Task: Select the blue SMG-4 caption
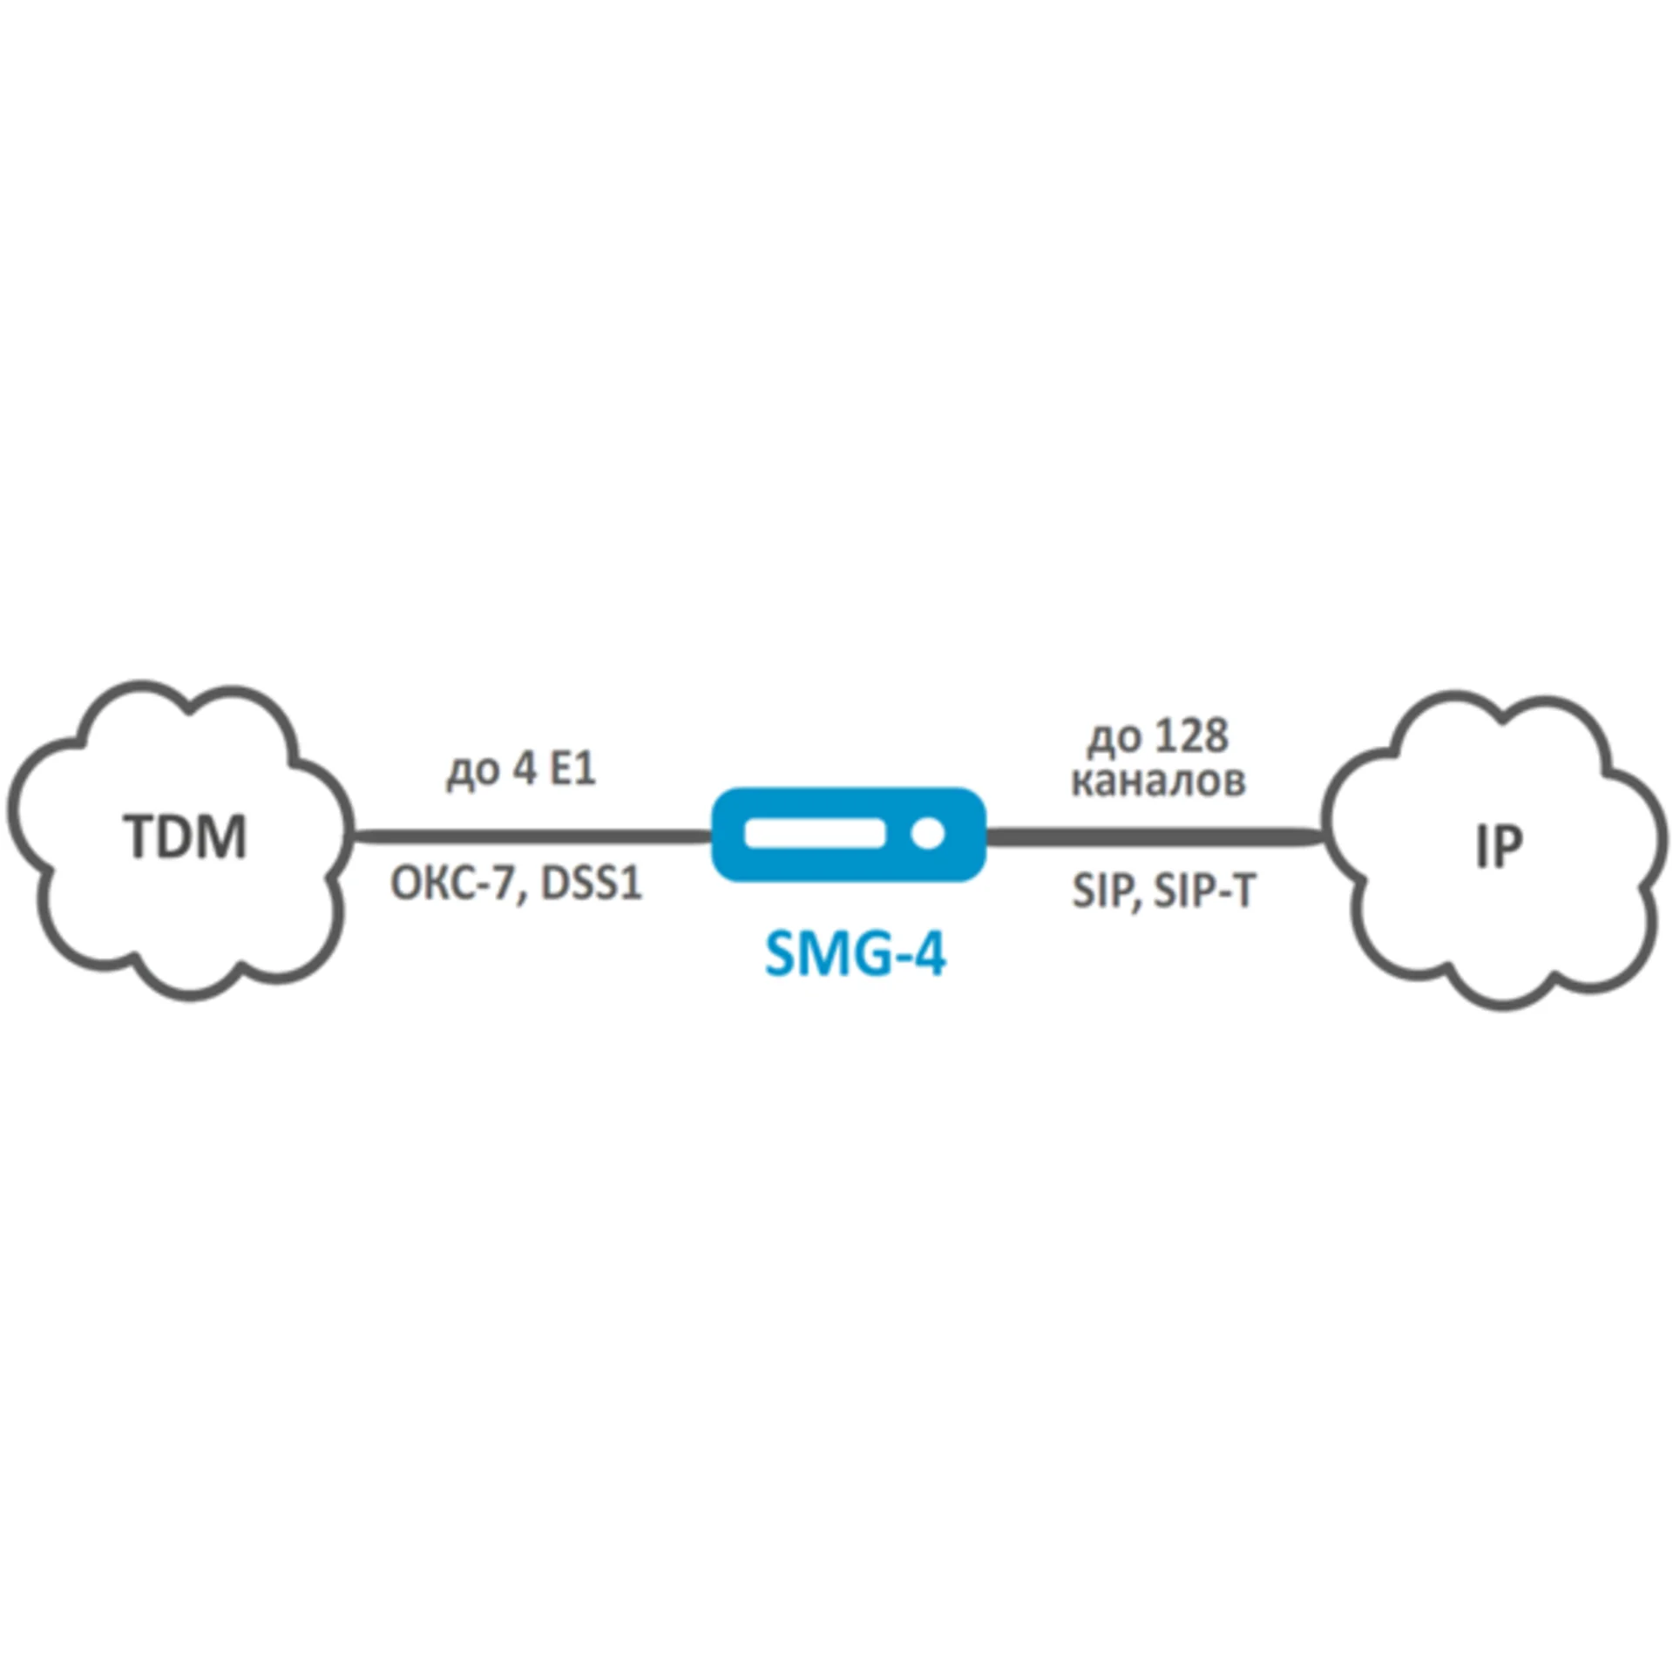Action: tap(855, 955)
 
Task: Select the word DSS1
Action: tap(592, 884)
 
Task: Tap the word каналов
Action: tap(1158, 782)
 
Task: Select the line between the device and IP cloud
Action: tap(1155, 836)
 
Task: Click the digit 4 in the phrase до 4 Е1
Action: tap(523, 770)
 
